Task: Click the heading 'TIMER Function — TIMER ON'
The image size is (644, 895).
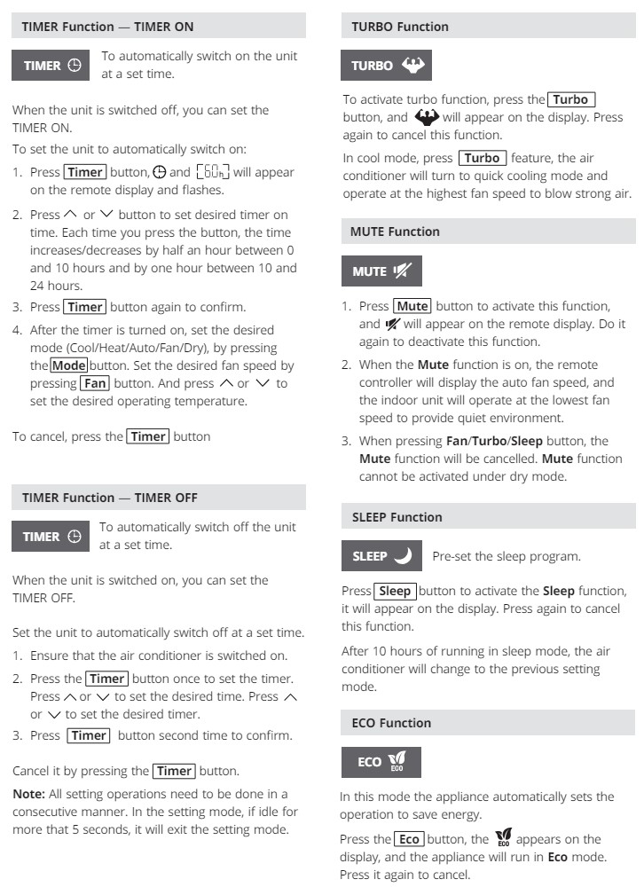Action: (x=107, y=27)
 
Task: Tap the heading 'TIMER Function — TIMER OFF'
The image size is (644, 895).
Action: (x=109, y=498)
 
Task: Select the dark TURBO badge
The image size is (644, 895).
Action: (x=387, y=66)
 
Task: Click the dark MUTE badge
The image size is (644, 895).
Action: (x=381, y=271)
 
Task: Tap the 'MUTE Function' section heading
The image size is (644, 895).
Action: (x=395, y=232)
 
